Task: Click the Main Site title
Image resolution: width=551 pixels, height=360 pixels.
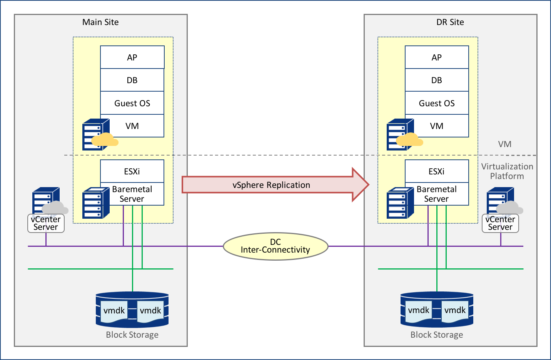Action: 100,22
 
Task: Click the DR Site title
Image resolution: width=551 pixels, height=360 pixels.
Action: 450,22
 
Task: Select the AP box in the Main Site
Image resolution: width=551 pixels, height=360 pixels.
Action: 132,57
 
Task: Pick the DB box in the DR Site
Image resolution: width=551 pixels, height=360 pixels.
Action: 437,80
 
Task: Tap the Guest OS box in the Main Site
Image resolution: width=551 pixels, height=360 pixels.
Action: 132,103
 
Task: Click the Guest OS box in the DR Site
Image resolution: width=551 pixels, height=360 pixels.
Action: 437,103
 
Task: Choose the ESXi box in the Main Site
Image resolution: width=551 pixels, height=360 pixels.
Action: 132,171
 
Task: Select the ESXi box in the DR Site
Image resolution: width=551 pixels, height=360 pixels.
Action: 437,171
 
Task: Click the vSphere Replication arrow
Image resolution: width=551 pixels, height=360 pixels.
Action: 271,185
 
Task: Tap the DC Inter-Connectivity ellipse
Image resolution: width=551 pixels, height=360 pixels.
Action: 275,246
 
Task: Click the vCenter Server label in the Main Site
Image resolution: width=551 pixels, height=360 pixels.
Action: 46,223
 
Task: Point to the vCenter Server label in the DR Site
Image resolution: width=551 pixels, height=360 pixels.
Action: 500,223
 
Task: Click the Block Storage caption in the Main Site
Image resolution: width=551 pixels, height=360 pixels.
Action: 132,335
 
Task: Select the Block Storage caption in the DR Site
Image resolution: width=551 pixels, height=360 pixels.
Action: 437,335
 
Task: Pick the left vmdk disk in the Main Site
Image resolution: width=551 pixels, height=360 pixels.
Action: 114,311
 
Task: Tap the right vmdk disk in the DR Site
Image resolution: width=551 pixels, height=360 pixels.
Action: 455,311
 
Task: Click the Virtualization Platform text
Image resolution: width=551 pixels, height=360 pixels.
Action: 507,171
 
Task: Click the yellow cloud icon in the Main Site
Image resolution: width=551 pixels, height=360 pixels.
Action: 105,140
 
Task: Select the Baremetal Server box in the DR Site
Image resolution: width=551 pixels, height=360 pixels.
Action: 437,194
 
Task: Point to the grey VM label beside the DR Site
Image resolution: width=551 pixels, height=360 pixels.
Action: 504,144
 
